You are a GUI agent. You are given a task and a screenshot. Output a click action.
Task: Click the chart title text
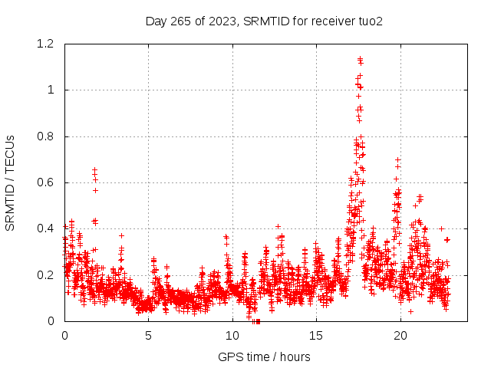pyautogui.click(x=264, y=21)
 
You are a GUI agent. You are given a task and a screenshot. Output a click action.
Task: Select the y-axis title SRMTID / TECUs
pyautogui.click(x=10, y=183)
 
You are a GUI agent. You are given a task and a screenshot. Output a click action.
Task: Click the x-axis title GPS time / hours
pyautogui.click(x=264, y=356)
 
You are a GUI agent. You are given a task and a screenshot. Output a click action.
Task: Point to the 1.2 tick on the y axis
pyautogui.click(x=48, y=44)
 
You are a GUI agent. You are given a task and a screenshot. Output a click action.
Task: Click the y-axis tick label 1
pyautogui.click(x=51, y=90)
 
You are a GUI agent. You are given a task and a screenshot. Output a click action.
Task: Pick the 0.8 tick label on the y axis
pyautogui.click(x=48, y=136)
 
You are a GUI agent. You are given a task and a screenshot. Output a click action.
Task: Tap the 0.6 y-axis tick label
pyautogui.click(x=48, y=182)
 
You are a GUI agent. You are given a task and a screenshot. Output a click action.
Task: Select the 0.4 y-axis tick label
pyautogui.click(x=48, y=228)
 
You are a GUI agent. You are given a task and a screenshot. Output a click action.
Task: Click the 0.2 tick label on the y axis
pyautogui.click(x=48, y=274)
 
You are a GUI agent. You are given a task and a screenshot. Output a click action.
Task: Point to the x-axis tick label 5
pyautogui.click(x=149, y=335)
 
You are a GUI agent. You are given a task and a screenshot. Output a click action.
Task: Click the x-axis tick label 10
pyautogui.click(x=232, y=335)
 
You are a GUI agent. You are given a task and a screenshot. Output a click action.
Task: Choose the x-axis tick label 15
pyautogui.click(x=316, y=335)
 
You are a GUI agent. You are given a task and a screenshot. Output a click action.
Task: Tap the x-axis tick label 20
pyautogui.click(x=400, y=335)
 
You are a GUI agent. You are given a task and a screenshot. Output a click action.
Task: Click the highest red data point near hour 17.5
pyautogui.click(x=359, y=58)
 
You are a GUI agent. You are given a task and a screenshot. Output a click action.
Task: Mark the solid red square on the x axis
pyautogui.click(x=258, y=321)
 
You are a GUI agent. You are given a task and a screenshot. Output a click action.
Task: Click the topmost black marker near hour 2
pyautogui.click(x=94, y=169)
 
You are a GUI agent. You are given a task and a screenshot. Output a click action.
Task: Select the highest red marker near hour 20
pyautogui.click(x=397, y=159)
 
